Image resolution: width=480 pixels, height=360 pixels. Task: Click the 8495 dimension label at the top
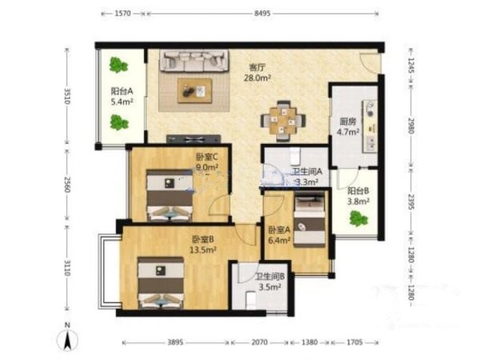[x=262, y=14]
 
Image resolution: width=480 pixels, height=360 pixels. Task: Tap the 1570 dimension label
[x=123, y=14]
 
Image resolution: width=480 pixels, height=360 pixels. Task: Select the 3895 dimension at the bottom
[x=175, y=342]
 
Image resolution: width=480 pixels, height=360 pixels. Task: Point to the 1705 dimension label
[x=354, y=342]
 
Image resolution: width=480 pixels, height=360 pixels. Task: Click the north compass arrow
[x=68, y=338]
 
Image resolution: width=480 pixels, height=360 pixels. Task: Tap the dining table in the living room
[x=283, y=122]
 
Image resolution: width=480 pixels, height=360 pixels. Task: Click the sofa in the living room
[x=194, y=61]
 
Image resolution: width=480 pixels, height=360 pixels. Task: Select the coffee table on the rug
[x=195, y=90]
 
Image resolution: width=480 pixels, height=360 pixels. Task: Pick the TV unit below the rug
[x=194, y=138]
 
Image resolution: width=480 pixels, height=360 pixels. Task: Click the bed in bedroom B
[x=161, y=282]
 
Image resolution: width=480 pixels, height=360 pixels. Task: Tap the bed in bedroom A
[x=309, y=218]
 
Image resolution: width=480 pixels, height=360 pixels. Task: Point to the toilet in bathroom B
[x=251, y=300]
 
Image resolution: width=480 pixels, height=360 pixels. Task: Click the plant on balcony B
[x=358, y=218]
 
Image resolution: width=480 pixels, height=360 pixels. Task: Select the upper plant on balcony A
[x=118, y=66]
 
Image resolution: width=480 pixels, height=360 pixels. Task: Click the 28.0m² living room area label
[x=257, y=78]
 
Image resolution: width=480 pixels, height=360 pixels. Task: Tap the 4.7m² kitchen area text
[x=348, y=132]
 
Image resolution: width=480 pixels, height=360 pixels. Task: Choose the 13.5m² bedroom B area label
[x=203, y=250]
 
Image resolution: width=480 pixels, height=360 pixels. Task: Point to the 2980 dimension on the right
[x=411, y=126]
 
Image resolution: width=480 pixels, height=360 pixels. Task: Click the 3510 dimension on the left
[x=66, y=96]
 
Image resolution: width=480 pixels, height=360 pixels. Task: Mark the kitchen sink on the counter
[x=370, y=110]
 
